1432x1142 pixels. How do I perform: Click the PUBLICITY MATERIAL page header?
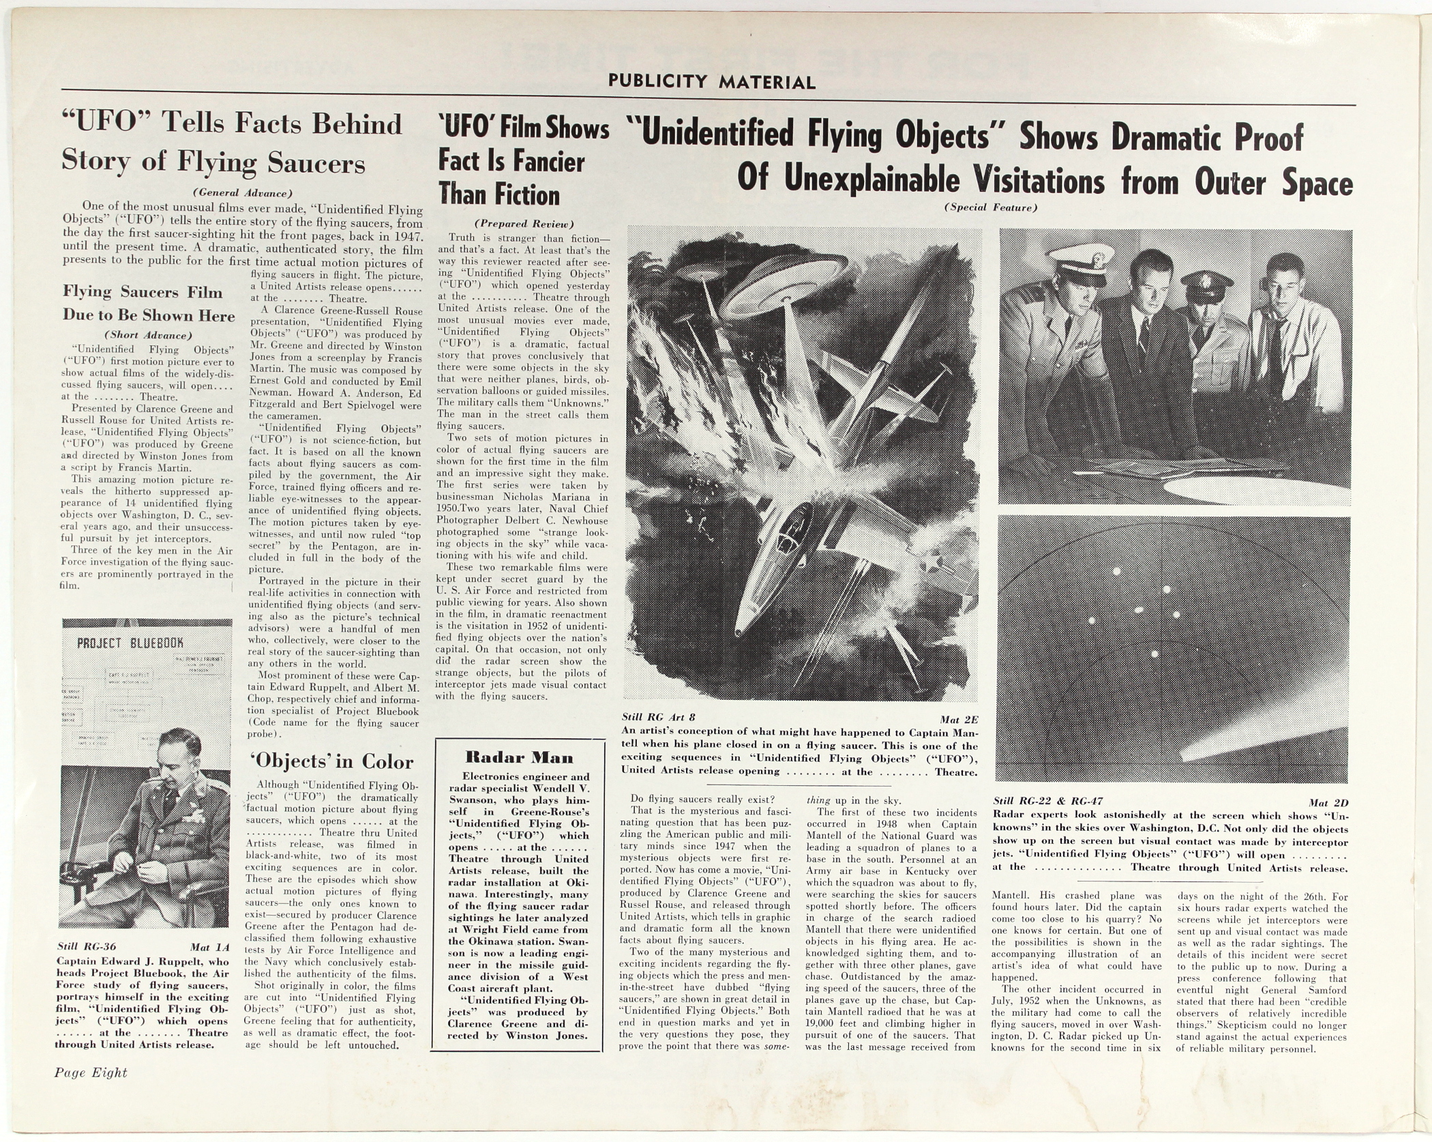711,82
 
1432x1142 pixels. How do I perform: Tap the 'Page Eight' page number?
91,1072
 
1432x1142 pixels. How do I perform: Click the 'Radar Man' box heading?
519,757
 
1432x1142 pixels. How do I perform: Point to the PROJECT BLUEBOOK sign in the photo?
130,643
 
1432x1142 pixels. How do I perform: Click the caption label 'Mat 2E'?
958,719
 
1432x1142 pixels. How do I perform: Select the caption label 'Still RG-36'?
87,947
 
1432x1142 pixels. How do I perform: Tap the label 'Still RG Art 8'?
659,717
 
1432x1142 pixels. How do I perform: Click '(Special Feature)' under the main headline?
990,207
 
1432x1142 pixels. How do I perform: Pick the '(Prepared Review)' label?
524,224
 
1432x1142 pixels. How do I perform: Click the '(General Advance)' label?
242,192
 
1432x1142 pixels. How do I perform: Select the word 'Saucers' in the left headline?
316,164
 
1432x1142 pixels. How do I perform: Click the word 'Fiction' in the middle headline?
527,196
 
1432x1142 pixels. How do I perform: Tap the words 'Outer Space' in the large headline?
1273,182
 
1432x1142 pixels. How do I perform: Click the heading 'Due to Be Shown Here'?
149,315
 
